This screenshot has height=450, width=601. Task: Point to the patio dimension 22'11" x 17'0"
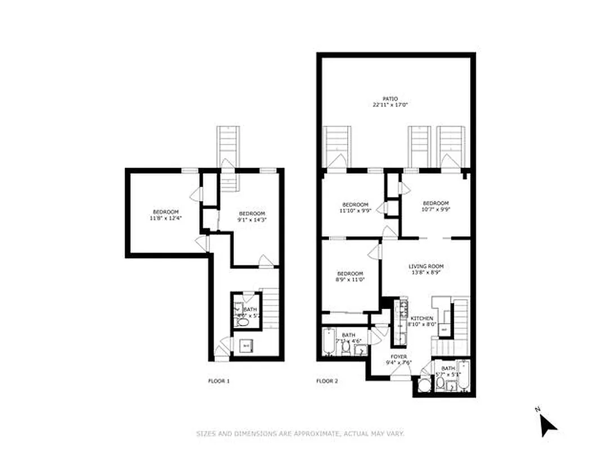click(x=390, y=105)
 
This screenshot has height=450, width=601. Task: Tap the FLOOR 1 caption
click(x=219, y=381)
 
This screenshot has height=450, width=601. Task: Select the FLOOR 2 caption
click(x=327, y=381)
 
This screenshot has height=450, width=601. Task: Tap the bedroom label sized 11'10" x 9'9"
click(x=356, y=204)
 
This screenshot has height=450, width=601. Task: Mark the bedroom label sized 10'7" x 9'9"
click(x=436, y=203)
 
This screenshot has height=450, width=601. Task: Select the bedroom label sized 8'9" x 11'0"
click(x=349, y=273)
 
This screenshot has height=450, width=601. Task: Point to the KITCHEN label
click(x=421, y=318)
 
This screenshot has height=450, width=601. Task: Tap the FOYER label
click(x=399, y=357)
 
